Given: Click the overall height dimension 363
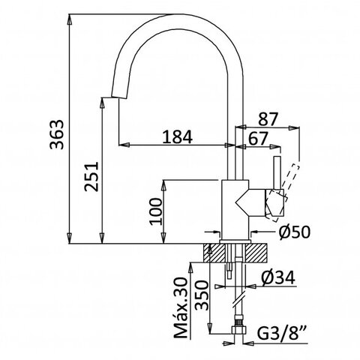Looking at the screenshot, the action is click(x=56, y=134).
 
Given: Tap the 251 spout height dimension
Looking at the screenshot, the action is click(x=91, y=177).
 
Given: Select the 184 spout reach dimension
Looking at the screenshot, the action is click(x=177, y=137).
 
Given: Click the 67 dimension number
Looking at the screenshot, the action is click(x=258, y=138).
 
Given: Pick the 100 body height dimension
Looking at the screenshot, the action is click(x=156, y=211).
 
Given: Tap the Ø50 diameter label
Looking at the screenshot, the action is click(x=295, y=232).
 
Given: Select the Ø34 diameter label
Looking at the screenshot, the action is click(x=278, y=277).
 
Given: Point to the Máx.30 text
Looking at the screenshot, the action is click(x=181, y=308).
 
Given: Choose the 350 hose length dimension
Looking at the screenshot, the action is click(x=202, y=295).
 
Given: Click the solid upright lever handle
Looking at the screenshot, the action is click(x=277, y=173).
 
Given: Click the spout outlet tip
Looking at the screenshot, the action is click(x=118, y=97).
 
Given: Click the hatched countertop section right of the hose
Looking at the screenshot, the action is click(x=256, y=253).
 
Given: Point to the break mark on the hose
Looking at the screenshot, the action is click(x=238, y=300).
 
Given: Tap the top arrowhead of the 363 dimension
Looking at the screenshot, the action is click(x=70, y=19).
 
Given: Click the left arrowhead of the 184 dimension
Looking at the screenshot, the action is click(x=124, y=145).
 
